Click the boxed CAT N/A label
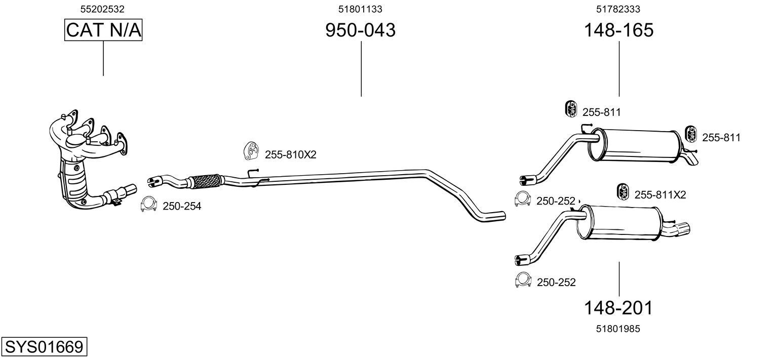coord(103,30)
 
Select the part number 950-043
coord(360,30)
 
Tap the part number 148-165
coord(618,30)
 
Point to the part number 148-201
coord(618,307)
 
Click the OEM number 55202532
coord(103,9)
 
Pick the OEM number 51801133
coord(360,9)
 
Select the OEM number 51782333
coord(618,9)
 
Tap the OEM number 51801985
coord(618,329)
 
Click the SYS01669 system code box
coord(44,347)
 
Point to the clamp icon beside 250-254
coord(148,204)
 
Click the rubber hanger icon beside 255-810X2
coord(251,150)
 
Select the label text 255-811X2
coord(660,195)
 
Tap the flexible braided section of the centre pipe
coord(204,181)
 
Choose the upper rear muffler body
coord(636,144)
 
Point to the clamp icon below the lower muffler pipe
coord(522,280)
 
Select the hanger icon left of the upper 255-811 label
coord(571,109)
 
